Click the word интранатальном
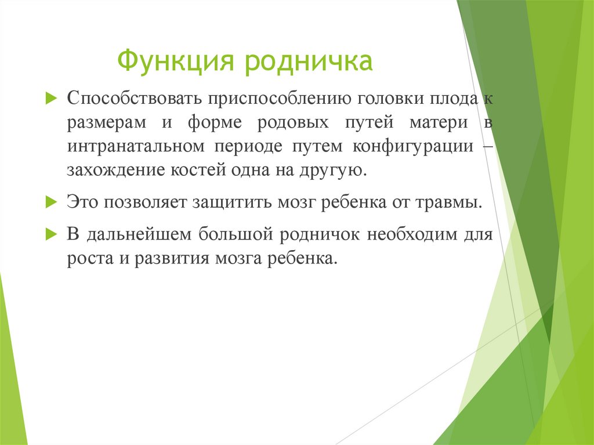tap(135, 146)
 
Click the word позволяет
tap(151, 203)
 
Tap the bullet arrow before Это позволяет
tap(50, 202)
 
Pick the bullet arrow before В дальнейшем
tap(50, 234)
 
